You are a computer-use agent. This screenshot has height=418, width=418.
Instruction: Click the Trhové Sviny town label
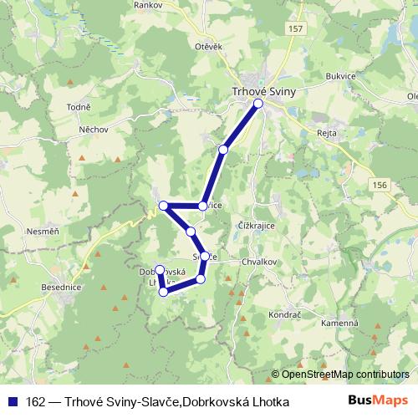[263, 93]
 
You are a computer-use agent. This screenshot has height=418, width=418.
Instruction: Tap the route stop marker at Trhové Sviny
[258, 104]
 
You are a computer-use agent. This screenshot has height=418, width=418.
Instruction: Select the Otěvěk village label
[208, 47]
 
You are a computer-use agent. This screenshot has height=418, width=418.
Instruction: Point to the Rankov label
[149, 5]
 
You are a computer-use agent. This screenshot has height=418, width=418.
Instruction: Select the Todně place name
[78, 108]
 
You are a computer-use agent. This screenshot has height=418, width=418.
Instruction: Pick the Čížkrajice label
[259, 227]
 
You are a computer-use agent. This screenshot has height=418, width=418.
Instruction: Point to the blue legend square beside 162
[13, 402]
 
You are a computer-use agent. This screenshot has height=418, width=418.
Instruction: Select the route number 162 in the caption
[36, 402]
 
